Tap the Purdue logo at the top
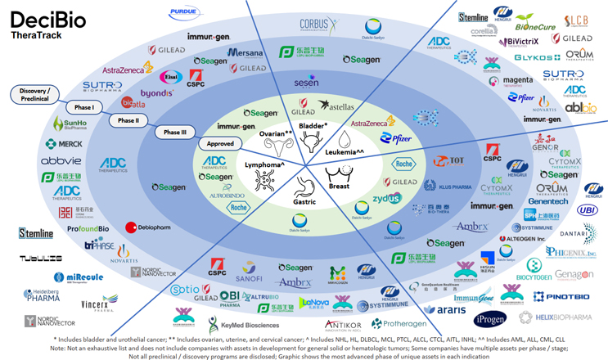pyautogui.click(x=185, y=14)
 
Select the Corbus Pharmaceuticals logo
pyautogui.click(x=318, y=26)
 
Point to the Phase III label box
pyautogui.click(x=173, y=132)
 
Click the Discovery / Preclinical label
pyautogui.click(x=34, y=94)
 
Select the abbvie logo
pyautogui.click(x=61, y=161)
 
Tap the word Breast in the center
pyautogui.click(x=338, y=187)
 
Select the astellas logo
pyautogui.click(x=336, y=106)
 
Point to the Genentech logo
pyautogui.click(x=547, y=201)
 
